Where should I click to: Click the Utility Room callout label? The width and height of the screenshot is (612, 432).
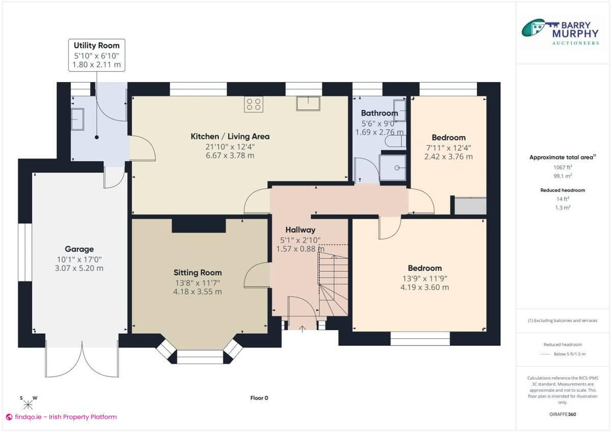(x=96, y=55)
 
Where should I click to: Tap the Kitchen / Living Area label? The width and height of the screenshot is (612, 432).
(x=230, y=137)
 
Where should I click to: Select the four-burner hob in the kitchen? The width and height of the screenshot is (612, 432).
(x=253, y=104)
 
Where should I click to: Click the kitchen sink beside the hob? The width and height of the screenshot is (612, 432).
(x=308, y=103)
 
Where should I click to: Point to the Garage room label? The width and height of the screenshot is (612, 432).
(x=79, y=249)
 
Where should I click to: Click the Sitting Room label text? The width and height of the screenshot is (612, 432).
(x=197, y=273)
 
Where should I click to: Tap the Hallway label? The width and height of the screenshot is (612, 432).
(x=300, y=230)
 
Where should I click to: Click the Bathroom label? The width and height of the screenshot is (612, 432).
(x=379, y=113)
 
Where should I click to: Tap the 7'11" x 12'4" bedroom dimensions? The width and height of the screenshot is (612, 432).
(x=448, y=148)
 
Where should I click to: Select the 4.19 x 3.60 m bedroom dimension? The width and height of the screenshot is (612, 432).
(x=425, y=287)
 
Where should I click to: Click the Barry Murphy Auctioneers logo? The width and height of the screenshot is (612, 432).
(x=560, y=33)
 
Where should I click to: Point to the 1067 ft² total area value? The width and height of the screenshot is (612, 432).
(x=563, y=167)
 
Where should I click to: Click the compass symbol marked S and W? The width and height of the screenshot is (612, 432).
(x=28, y=404)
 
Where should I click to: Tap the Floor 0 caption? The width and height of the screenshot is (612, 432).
(x=259, y=398)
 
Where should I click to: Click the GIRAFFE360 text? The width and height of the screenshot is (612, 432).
(x=563, y=414)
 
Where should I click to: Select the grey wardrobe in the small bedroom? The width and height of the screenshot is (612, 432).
(x=470, y=206)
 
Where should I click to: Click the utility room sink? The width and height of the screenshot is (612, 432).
(x=78, y=119)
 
